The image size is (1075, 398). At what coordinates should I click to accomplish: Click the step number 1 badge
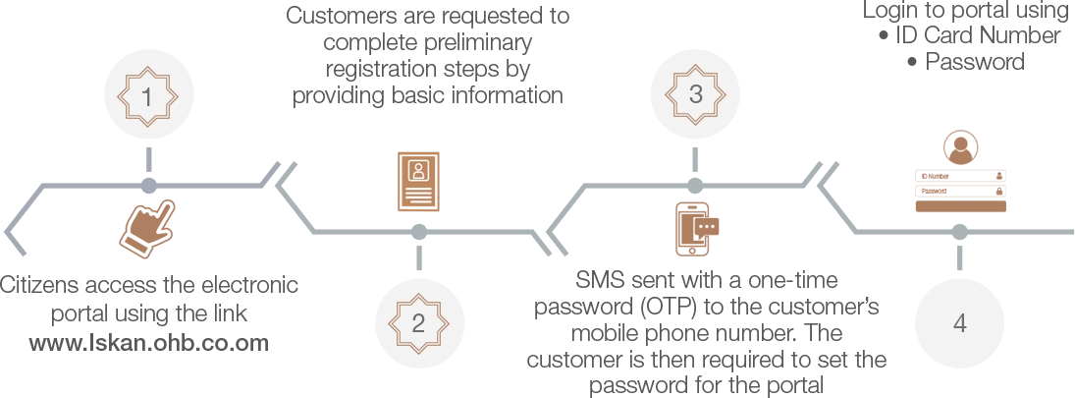(148, 96)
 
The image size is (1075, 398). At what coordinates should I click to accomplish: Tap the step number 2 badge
(418, 323)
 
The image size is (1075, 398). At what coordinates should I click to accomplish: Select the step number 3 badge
(695, 94)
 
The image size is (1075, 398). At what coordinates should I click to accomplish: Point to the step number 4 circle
(960, 323)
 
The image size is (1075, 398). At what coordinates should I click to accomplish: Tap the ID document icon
(418, 181)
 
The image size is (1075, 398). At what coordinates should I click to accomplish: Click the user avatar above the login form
(960, 147)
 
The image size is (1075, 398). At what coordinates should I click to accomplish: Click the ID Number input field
(960, 176)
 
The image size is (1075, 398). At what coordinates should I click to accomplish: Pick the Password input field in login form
(960, 192)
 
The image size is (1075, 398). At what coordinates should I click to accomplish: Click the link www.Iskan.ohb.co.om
(149, 342)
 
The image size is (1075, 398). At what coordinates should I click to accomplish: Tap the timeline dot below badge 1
(148, 186)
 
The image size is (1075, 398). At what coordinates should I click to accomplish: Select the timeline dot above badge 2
(418, 233)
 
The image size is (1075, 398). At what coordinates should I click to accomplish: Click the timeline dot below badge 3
(695, 186)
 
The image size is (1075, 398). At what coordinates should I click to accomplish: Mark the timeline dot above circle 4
(960, 233)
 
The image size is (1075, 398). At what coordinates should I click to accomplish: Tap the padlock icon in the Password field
(998, 192)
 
